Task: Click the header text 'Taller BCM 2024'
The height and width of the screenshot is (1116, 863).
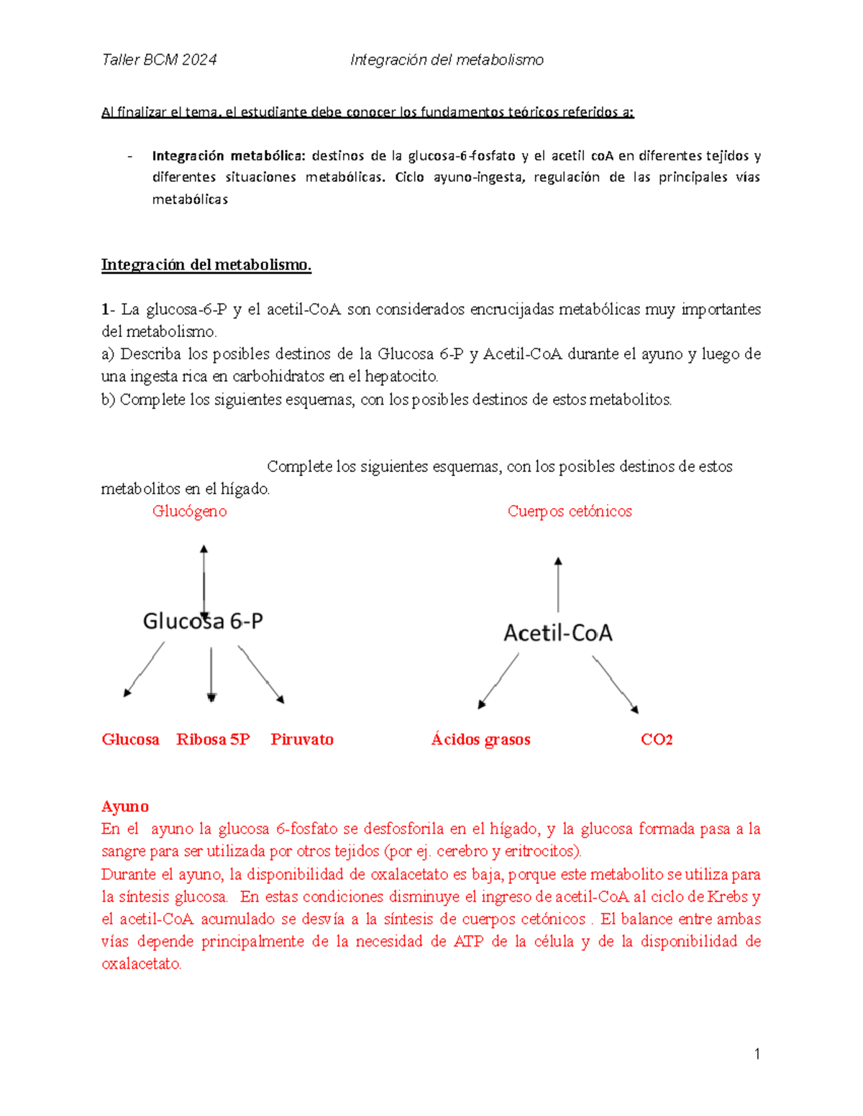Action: [159, 60]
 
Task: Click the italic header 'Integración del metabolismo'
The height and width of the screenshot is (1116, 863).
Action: [447, 60]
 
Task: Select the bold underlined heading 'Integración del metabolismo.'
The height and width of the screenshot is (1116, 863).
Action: [206, 265]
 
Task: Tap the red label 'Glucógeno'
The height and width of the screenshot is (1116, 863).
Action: [189, 512]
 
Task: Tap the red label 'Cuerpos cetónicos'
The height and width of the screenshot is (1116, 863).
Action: [570, 512]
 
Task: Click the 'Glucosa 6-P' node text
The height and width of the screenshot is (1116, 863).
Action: [203, 621]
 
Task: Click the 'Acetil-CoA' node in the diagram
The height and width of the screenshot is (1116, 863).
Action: [558, 633]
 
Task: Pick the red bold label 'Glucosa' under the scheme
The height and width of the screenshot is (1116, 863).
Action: [130, 739]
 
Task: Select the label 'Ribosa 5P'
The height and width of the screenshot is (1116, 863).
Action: [213, 739]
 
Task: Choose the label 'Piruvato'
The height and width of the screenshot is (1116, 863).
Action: [302, 739]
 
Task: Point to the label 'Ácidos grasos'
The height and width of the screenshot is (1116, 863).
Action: [480, 739]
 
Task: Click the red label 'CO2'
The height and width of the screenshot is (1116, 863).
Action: [657, 739]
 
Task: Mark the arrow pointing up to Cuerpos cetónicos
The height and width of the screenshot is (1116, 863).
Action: [558, 585]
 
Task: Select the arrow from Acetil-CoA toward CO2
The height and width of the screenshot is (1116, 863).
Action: [615, 683]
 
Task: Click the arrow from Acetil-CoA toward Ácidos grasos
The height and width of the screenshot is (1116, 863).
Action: [499, 681]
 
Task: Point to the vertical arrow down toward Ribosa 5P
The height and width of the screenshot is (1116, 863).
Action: [211, 674]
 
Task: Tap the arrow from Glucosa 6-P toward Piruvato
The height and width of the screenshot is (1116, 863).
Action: [261, 673]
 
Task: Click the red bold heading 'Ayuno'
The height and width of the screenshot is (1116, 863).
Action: [125, 806]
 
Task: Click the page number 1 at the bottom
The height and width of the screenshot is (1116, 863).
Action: [757, 1054]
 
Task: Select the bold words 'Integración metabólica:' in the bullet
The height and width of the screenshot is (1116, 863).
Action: [229, 156]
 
